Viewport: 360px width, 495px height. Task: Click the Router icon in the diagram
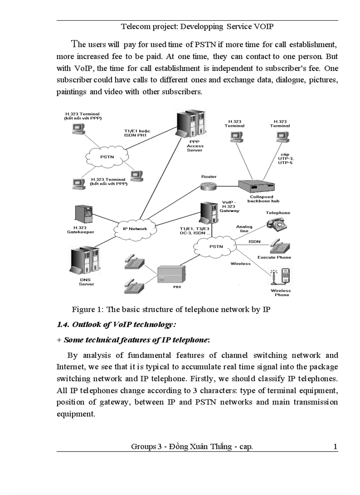coord(209,186)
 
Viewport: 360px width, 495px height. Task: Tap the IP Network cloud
coord(135,228)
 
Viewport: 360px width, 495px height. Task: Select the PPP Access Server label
coord(195,146)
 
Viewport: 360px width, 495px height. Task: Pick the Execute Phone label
coord(274,257)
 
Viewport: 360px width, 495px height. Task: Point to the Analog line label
coord(244,229)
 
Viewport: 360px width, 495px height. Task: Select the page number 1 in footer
coord(335,447)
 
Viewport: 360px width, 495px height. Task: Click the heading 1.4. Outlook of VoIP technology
coord(116,325)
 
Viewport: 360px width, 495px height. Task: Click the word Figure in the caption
coord(83,309)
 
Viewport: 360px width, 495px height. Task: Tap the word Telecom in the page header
coord(134,26)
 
